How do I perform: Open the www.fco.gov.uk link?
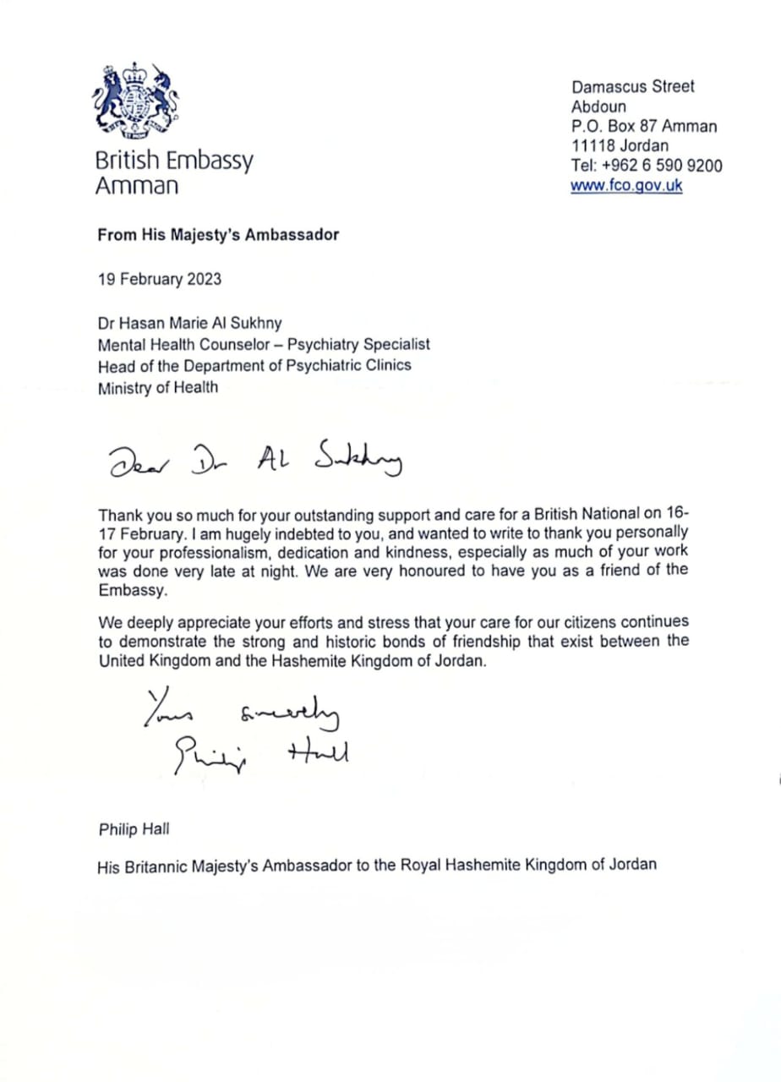pos(626,186)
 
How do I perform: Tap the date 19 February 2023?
pos(160,278)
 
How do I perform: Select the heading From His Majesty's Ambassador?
pos(218,235)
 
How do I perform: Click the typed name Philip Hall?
pos(134,828)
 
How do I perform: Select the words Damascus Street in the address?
pos(633,86)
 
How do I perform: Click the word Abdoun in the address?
pos(598,107)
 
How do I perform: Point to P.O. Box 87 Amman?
pos(644,127)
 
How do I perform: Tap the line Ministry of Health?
pos(158,388)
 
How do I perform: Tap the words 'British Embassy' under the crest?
pos(174,161)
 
